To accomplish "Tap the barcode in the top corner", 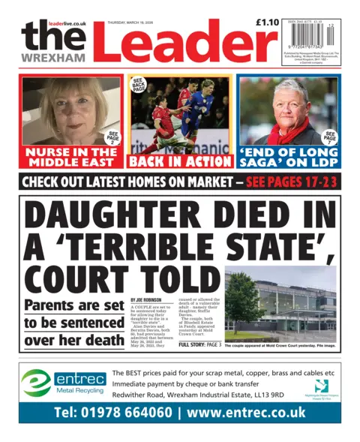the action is point(311,47).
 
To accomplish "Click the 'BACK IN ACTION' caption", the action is point(180,161).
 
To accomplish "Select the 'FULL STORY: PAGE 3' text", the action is point(199,344).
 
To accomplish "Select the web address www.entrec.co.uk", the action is point(247,413).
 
